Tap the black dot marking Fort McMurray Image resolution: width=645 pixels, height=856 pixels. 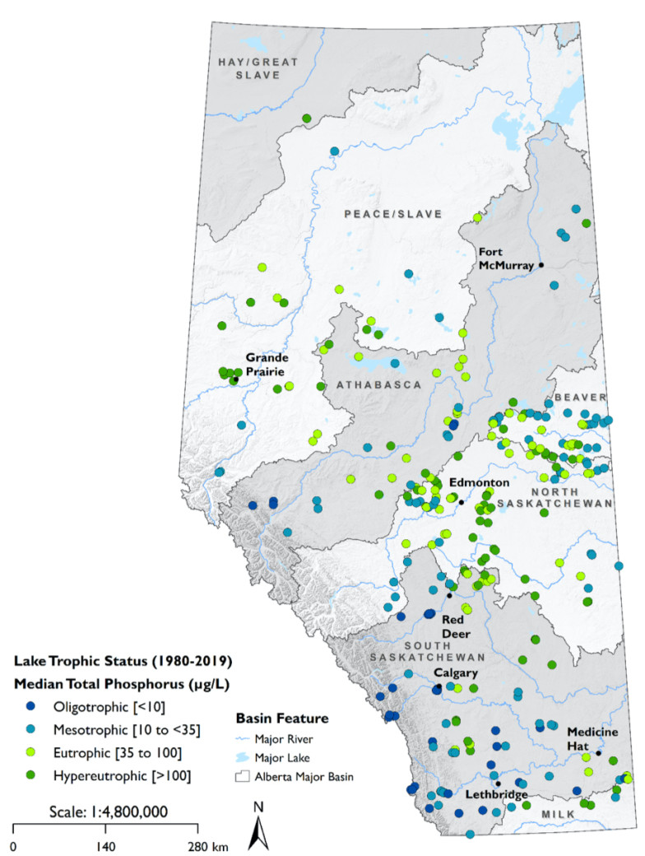point(541,265)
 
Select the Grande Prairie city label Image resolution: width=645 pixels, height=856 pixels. point(267,365)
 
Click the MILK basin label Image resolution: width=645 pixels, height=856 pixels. point(555,814)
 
